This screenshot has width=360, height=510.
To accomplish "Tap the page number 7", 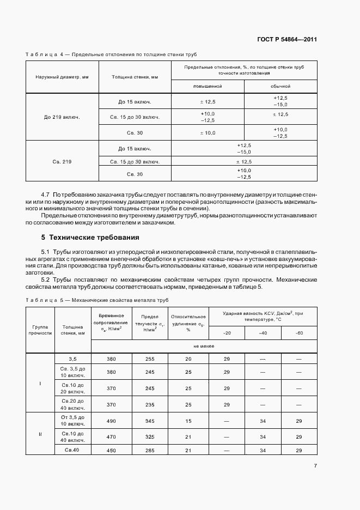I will click(x=315, y=466).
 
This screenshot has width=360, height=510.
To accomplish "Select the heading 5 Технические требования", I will click(x=90, y=238).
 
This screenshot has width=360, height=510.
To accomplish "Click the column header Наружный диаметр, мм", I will click(x=62, y=77).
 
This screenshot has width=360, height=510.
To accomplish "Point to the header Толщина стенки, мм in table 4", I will click(x=135, y=77).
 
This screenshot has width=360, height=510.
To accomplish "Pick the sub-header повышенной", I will click(x=208, y=86).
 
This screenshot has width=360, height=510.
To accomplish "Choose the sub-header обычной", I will click(x=280, y=86).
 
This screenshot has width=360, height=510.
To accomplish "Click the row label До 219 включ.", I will click(x=62, y=117).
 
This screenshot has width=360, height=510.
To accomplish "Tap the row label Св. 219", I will click(x=62, y=161).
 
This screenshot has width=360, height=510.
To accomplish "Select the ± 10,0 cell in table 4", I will click(x=208, y=132).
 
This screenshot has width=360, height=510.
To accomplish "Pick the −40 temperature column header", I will click(x=263, y=332).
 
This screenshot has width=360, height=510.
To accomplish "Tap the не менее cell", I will click(x=204, y=346).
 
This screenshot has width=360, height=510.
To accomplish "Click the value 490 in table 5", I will click(x=111, y=421).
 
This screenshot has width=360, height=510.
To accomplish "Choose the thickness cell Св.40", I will click(x=73, y=450).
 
